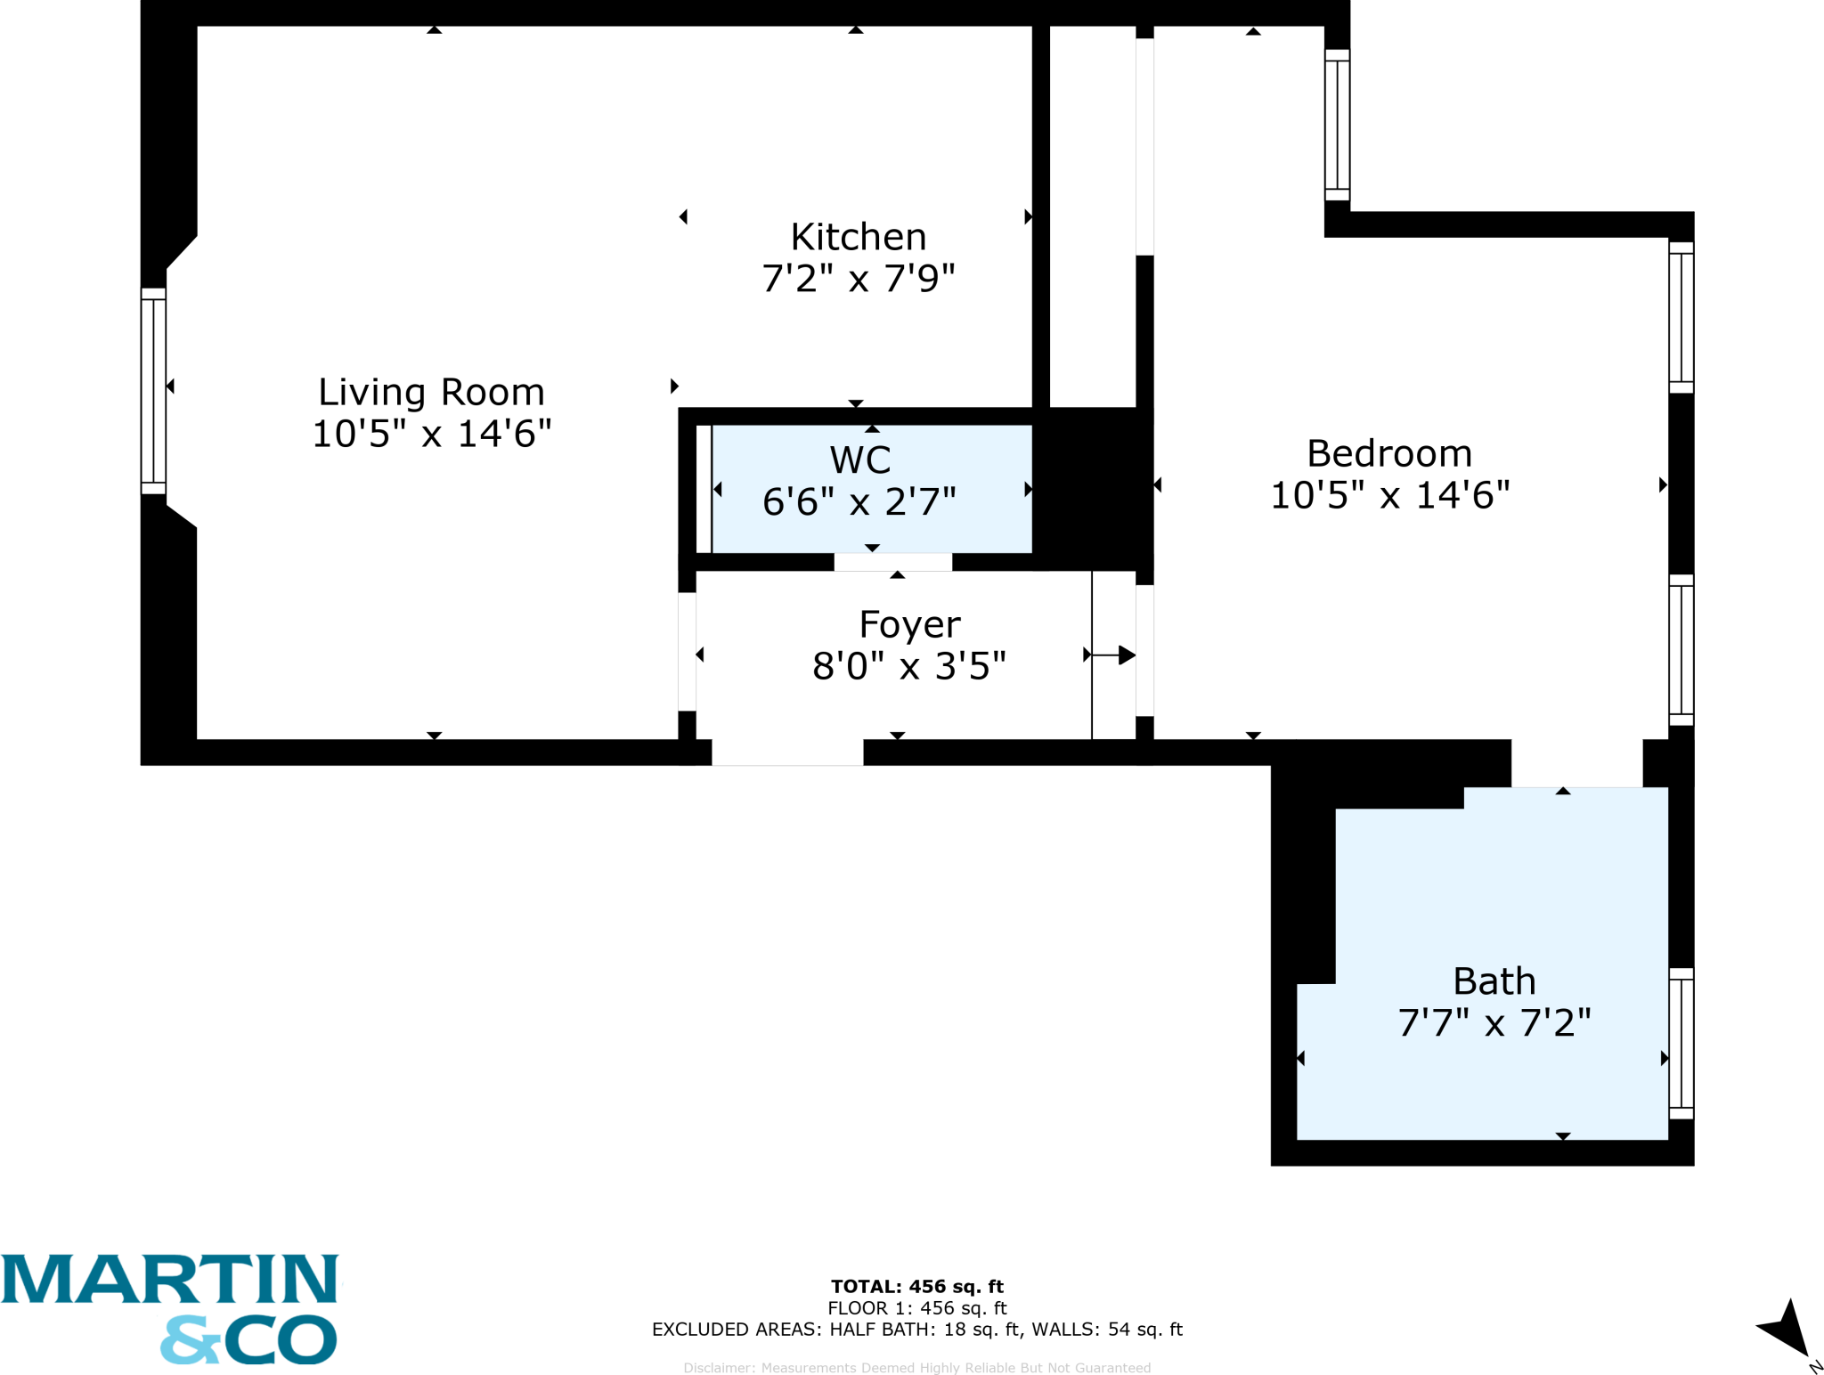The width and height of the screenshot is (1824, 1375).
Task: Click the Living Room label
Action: [431, 392]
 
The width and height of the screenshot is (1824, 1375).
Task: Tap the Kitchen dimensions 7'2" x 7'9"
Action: [859, 279]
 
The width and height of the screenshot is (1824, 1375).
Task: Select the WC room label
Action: [860, 460]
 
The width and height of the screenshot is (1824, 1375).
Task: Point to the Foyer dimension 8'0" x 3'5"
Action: [909, 666]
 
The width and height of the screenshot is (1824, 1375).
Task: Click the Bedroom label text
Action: [1389, 453]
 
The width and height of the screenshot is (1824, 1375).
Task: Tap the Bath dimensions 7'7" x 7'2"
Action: [1494, 1023]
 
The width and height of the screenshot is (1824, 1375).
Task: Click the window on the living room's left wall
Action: [153, 391]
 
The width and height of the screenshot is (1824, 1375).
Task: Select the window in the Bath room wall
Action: [1681, 1043]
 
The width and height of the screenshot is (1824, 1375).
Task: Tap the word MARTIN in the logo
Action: [169, 1280]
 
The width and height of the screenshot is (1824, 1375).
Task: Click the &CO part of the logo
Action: [248, 1339]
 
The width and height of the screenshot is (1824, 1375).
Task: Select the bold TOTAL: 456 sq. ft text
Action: [916, 1286]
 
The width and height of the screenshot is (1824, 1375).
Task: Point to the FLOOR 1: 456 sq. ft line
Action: [916, 1307]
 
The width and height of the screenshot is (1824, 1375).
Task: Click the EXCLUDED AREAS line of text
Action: [916, 1329]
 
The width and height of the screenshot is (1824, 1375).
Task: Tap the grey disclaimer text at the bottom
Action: [916, 1368]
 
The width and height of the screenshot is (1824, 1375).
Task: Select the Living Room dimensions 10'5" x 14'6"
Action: [431, 434]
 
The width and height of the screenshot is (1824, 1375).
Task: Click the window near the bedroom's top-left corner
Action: [1337, 125]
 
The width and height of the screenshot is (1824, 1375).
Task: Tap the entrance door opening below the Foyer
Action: [787, 753]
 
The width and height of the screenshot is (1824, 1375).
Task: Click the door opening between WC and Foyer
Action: [893, 562]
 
